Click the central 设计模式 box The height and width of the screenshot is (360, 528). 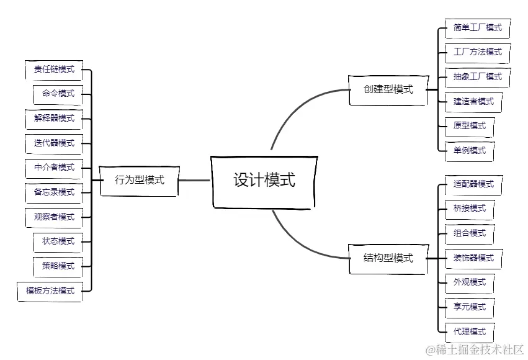[264, 181]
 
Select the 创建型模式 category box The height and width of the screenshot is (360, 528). [388, 89]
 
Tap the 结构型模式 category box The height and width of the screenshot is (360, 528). [388, 258]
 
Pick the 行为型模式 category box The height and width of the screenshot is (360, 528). [140, 181]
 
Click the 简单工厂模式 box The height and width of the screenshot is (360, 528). [477, 28]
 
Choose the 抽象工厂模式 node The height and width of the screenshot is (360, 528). [477, 77]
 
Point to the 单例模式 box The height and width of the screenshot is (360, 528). [470, 151]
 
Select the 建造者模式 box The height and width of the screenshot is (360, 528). [473, 102]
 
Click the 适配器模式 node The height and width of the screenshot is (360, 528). [473, 184]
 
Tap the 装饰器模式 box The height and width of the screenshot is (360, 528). [473, 258]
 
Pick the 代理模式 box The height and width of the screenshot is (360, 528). [470, 331]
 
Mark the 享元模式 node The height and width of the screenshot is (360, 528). [470, 307]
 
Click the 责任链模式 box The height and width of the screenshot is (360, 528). [54, 70]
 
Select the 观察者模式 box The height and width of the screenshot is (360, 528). [54, 217]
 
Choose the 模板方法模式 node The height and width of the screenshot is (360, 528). [50, 290]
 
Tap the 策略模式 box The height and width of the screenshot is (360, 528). [58, 266]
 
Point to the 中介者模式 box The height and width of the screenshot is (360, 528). [54, 168]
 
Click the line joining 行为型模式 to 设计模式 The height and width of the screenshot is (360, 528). [195, 181]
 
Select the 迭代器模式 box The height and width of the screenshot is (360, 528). [54, 143]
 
